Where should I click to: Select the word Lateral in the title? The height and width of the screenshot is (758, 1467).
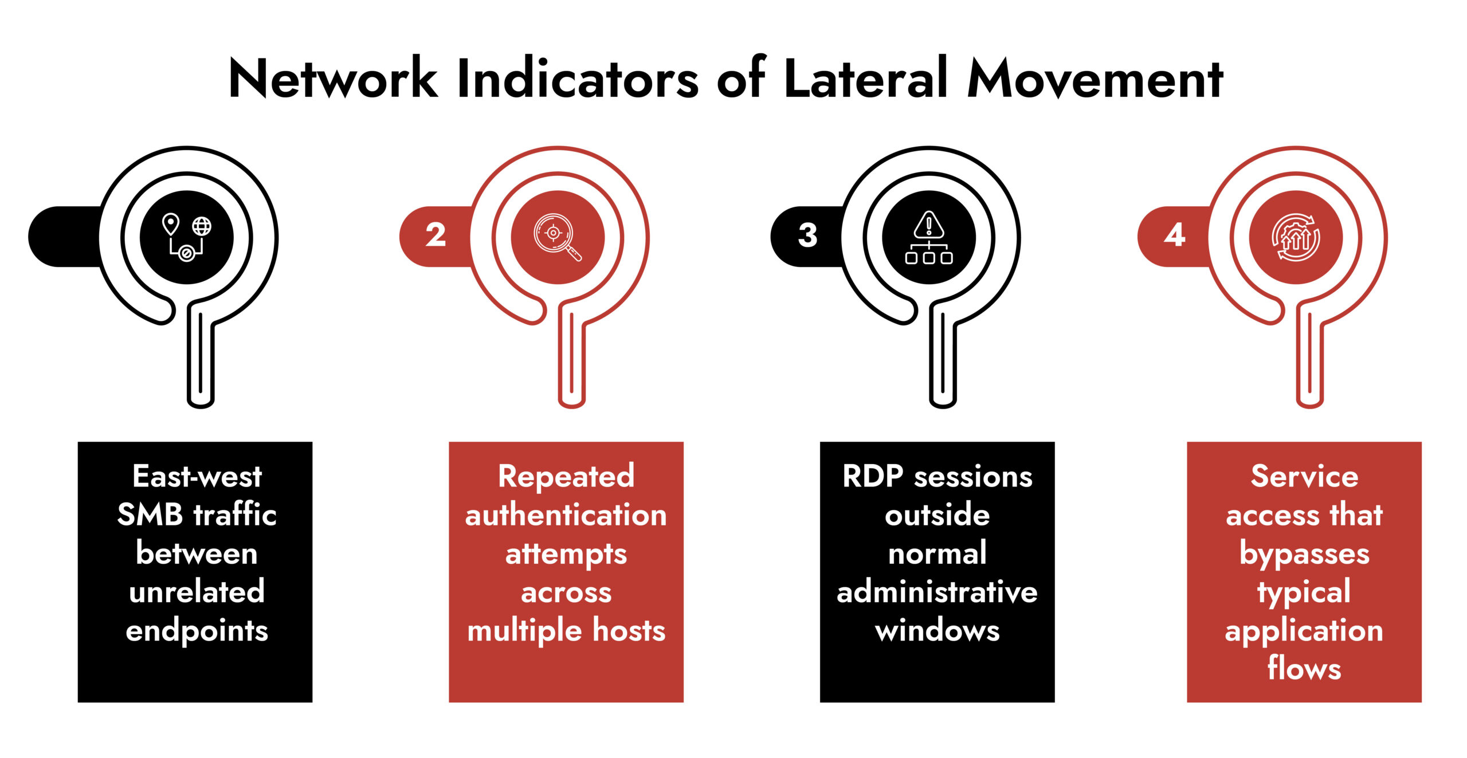[866, 80]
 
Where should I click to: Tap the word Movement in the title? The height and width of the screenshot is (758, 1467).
[1095, 80]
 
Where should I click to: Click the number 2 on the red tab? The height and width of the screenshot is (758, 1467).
[436, 235]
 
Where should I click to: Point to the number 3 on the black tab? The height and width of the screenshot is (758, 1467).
[807, 235]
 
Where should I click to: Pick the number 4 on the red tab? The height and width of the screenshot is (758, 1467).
[1174, 235]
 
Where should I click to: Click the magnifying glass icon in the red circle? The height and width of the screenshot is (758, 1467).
[557, 237]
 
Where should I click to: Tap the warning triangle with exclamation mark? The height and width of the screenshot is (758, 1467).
[929, 225]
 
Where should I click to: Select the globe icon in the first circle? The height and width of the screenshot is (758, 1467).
[201, 226]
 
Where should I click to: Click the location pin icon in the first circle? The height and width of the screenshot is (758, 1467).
[171, 224]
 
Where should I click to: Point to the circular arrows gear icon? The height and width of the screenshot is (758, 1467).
[1296, 237]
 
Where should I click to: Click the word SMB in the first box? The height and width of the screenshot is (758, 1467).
[150, 515]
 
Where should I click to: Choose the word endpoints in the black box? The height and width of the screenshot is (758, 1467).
[197, 630]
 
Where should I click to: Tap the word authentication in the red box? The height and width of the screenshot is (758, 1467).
[566, 515]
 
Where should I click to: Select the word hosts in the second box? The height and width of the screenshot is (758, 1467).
[629, 630]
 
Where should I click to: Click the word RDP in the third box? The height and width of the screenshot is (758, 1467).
[872, 476]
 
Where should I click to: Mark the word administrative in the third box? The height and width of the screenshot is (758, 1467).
[937, 592]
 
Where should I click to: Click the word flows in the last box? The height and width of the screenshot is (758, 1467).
[1304, 669]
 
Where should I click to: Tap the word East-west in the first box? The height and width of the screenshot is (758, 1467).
[197, 476]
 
